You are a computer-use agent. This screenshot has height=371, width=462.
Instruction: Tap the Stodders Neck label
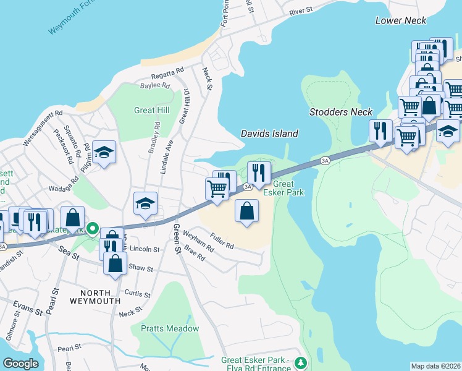pyautogui.click(x=341, y=112)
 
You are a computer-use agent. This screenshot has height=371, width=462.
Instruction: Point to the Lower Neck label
pyautogui.click(x=401, y=20)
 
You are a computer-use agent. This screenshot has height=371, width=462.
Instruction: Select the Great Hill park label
pyautogui.click(x=151, y=111)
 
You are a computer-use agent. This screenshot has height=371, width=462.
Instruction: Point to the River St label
pyautogui.click(x=302, y=12)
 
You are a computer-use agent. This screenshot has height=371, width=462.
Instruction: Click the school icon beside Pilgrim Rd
pyautogui.click(x=105, y=152)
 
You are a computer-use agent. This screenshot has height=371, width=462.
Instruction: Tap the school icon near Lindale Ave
pyautogui.click(x=146, y=203)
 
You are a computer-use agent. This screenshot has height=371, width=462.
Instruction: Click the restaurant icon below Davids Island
pyautogui.click(x=259, y=172)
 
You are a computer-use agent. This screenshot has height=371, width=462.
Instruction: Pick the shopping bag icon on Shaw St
pyautogui.click(x=116, y=263)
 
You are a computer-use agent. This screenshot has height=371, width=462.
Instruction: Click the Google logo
pyautogui.click(x=21, y=364)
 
